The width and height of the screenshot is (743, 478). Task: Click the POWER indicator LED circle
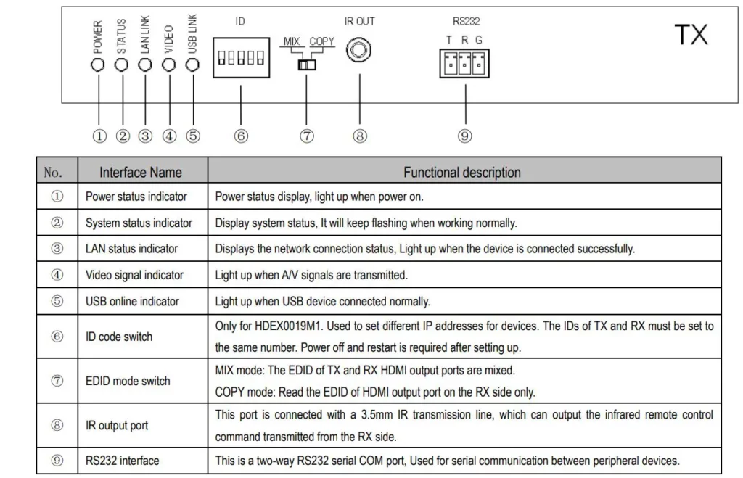98,65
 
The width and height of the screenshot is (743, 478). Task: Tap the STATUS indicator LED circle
121,65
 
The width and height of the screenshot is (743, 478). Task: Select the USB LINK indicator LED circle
192,65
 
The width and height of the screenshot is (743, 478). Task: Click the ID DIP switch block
241,58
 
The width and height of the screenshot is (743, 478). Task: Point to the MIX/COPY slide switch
307,65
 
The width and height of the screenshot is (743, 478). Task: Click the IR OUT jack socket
358,50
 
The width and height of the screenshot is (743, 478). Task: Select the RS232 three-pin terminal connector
464,64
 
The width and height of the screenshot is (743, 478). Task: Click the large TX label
691,35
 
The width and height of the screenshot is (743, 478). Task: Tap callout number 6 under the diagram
241,136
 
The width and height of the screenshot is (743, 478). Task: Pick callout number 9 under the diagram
464,136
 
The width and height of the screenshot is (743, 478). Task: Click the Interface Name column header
141,173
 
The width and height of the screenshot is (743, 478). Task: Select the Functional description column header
462,173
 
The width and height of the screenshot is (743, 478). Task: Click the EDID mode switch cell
128,381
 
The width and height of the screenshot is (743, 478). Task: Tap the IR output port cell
117,426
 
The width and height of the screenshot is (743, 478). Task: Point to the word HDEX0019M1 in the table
288,326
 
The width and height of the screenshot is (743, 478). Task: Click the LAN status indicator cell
132,249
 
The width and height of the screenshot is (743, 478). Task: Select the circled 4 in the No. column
57,275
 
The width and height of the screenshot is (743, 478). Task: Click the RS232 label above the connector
467,21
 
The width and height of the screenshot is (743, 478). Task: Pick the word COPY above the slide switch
321,41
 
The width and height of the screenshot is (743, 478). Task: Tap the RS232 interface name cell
122,461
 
